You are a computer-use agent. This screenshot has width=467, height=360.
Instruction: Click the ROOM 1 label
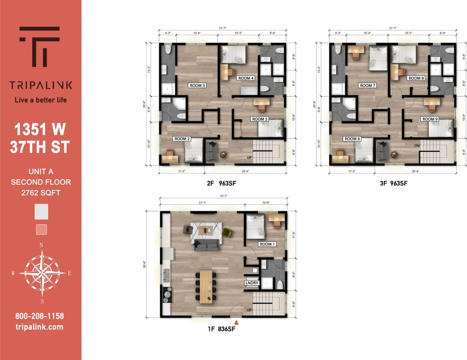point(267,244)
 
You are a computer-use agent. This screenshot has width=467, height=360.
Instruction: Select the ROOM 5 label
point(260,119)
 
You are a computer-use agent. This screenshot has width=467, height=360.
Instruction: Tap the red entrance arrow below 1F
point(237,322)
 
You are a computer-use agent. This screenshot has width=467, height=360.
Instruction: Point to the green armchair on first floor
point(227,233)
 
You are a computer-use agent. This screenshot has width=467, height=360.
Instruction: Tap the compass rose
point(41,273)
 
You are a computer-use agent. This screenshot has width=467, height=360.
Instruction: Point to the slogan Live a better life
point(41,100)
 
